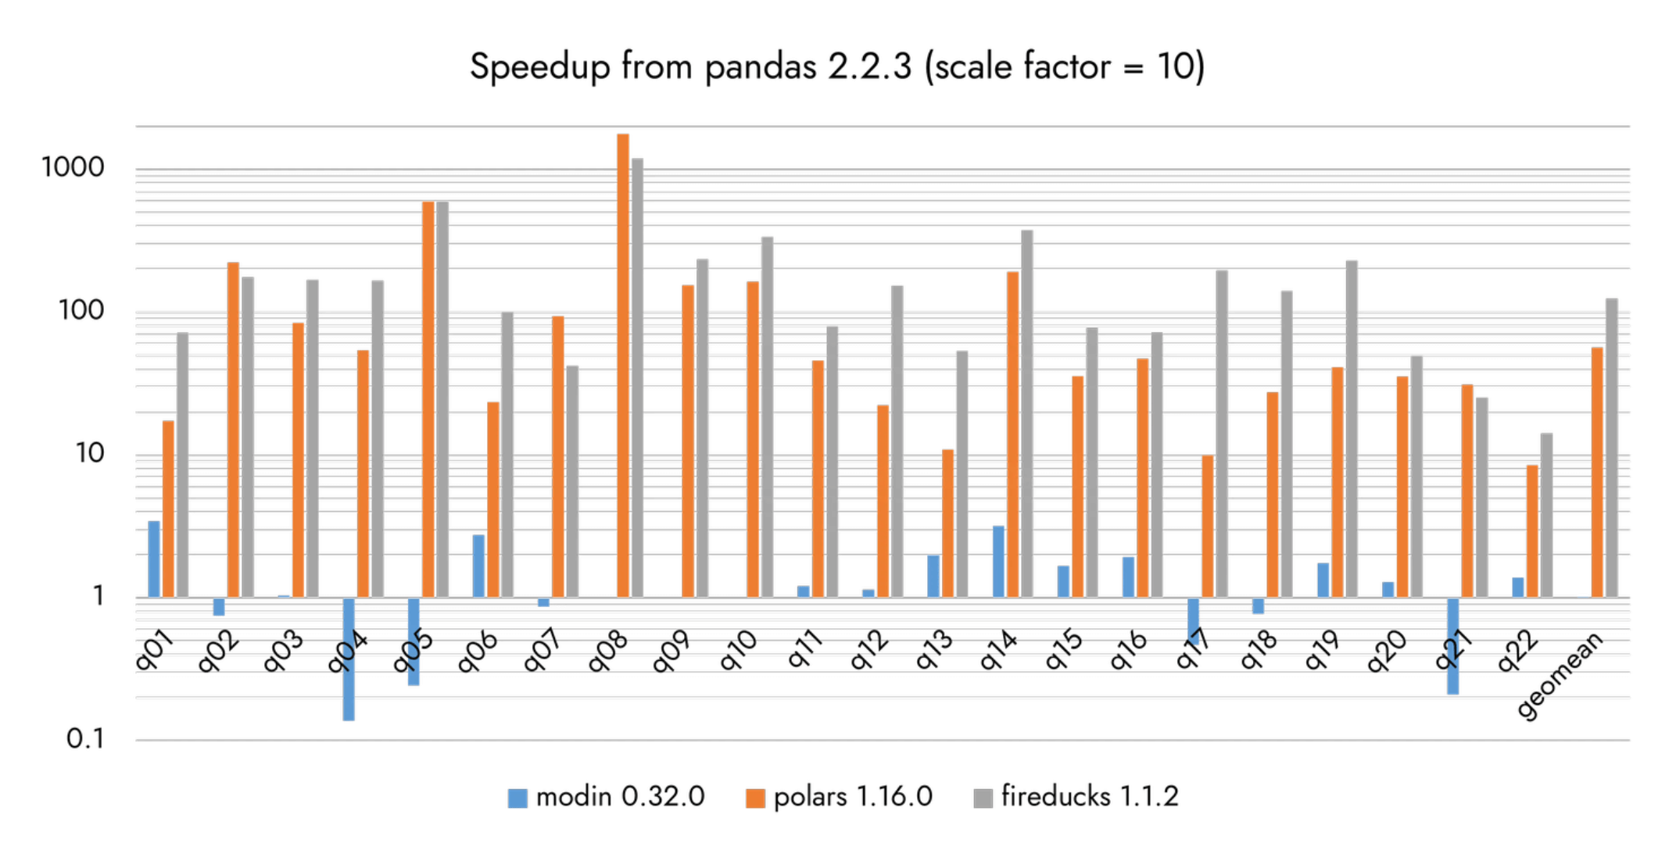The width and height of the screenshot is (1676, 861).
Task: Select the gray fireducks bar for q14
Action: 1026,413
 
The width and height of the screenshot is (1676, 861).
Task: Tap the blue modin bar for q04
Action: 349,659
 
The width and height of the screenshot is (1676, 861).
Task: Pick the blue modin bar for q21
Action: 1452,645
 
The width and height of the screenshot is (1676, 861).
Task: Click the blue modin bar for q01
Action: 154,559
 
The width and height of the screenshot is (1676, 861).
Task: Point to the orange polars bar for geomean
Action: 1597,472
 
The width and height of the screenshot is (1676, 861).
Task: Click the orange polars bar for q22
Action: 1532,531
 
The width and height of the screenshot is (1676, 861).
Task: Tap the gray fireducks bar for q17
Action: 1221,434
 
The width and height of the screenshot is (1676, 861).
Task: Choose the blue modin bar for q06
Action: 478,566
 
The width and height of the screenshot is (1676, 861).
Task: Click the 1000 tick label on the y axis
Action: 73,167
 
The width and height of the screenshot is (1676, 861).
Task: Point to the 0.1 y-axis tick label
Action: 84,738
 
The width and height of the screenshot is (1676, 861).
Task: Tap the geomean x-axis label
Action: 1560,675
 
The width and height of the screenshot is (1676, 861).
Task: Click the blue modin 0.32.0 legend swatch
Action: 517,798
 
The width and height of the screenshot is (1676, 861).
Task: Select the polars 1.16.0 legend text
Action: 853,797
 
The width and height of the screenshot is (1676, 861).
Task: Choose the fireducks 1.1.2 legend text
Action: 1089,797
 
